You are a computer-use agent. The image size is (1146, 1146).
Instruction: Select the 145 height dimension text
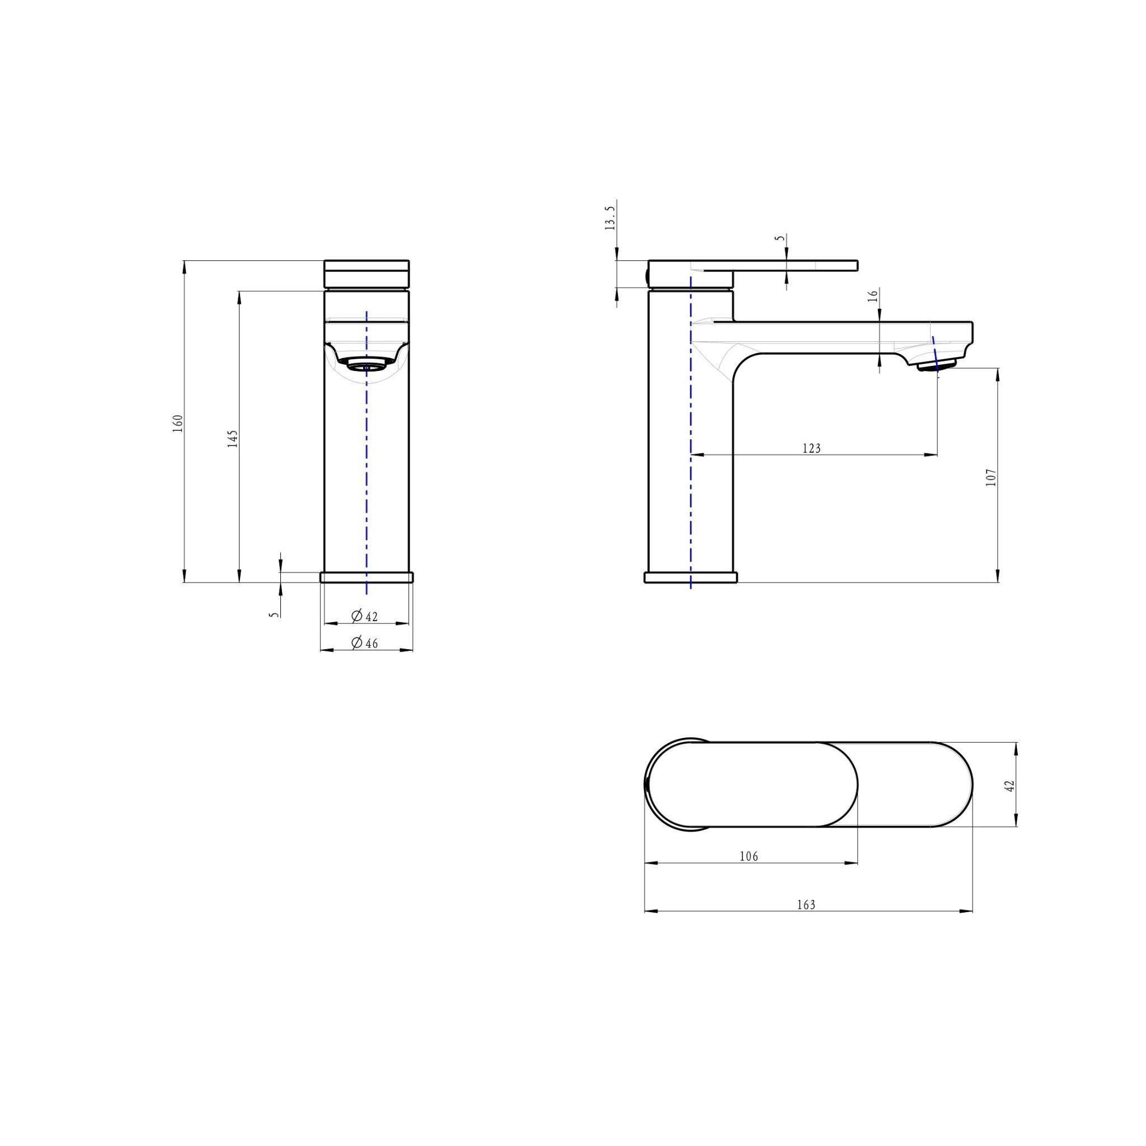click(233, 438)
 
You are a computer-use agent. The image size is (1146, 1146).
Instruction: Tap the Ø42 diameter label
click(365, 616)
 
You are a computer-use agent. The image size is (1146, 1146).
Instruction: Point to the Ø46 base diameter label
click(365, 642)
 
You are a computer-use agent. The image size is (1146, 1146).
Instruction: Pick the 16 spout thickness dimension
click(872, 296)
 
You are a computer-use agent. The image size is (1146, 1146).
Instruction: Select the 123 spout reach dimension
click(811, 448)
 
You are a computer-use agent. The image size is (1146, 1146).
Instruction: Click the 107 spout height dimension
click(991, 477)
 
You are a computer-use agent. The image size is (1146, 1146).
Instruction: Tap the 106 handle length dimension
click(749, 857)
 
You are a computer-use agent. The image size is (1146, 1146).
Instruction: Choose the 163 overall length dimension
click(806, 905)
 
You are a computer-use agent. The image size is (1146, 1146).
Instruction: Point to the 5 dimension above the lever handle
click(781, 238)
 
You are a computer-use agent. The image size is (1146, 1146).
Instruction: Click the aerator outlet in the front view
click(366, 364)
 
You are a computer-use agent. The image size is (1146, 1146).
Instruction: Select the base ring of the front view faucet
click(366, 577)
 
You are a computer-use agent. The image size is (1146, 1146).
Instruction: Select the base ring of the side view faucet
click(691, 577)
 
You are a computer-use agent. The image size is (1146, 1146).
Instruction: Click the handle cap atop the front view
click(366, 274)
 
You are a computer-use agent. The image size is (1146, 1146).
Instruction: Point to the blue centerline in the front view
click(367, 475)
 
